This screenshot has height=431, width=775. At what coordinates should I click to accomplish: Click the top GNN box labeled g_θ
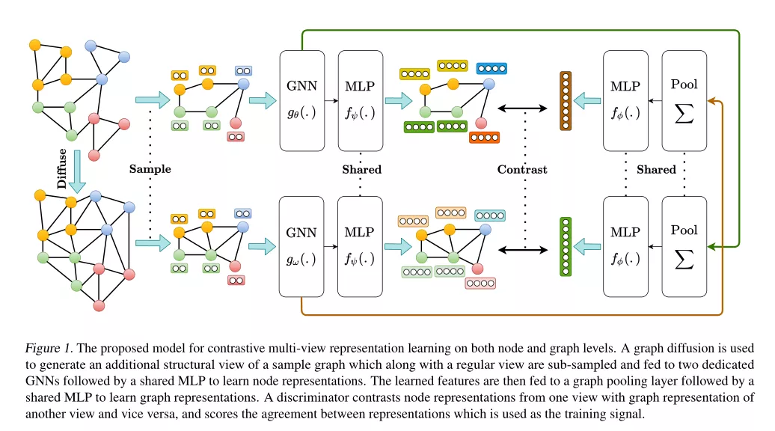click(x=301, y=100)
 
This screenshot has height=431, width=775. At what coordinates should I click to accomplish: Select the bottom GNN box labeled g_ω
click(x=301, y=245)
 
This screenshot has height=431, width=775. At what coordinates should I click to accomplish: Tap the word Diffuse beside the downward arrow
click(x=63, y=168)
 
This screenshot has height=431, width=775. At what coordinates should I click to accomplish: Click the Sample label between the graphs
click(x=150, y=169)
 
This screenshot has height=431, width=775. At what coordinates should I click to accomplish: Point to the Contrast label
click(x=522, y=170)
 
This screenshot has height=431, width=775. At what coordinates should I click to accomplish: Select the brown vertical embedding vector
click(x=566, y=101)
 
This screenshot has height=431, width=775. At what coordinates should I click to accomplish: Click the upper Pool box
click(x=684, y=100)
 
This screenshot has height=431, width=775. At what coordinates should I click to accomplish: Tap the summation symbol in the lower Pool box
click(x=684, y=258)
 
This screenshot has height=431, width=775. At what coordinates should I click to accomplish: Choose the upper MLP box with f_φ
click(x=625, y=100)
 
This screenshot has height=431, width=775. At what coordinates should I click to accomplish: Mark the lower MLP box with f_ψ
click(x=360, y=245)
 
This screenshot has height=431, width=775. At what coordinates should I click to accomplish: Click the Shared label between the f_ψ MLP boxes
click(x=362, y=170)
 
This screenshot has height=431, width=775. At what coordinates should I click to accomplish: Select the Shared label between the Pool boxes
click(x=656, y=170)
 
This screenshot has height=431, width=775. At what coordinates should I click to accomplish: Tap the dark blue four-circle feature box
click(x=491, y=68)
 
